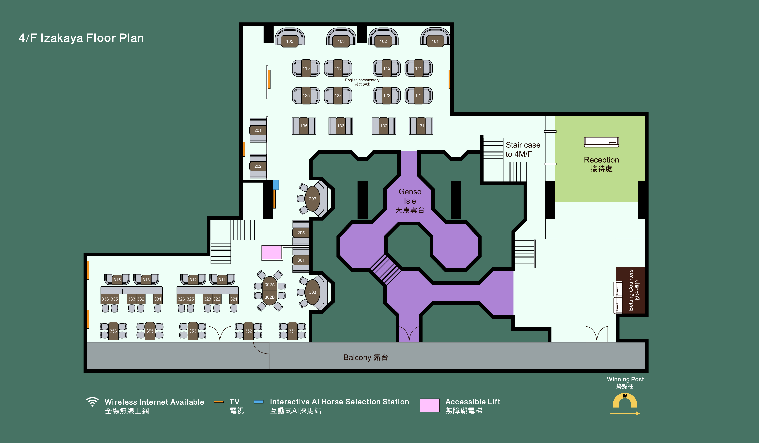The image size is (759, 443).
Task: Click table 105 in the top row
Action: (289, 41)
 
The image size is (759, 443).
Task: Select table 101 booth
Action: (435, 41)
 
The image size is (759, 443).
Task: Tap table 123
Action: (338, 96)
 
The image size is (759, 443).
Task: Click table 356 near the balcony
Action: (113, 331)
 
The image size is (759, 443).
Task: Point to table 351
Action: (292, 331)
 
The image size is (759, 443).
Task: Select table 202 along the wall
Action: (258, 166)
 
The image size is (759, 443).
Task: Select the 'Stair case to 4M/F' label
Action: (523, 149)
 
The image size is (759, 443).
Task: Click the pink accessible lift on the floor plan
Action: (271, 252)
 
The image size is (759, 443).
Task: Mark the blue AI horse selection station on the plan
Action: (276, 185)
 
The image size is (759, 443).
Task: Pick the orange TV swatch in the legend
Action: (219, 402)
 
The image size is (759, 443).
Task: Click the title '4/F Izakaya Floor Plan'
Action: (81, 38)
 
